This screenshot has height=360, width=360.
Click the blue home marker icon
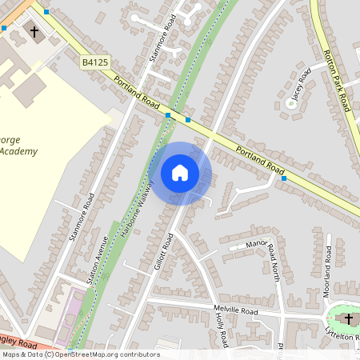click(x=180, y=172)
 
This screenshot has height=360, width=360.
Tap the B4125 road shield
click(x=94, y=61)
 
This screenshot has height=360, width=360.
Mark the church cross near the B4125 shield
click(x=34, y=31)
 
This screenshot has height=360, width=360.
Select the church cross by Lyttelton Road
click(x=348, y=320)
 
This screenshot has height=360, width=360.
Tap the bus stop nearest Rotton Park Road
click(x=285, y=178)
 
